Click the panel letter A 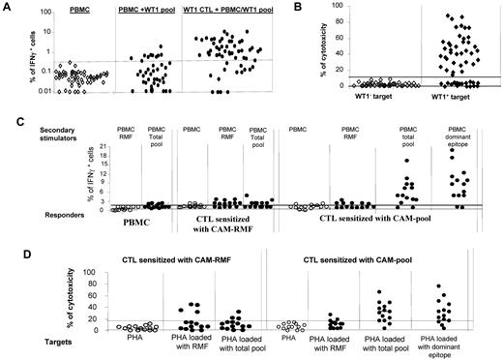pos(8,7)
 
